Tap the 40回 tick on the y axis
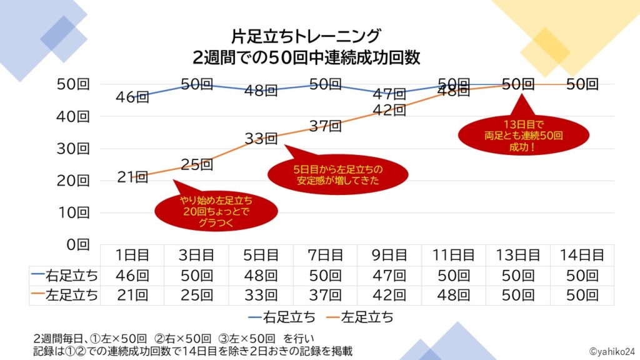pyautogui.click(x=74, y=116)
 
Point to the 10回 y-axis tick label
pyautogui.click(x=74, y=212)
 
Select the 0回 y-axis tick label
pyautogui.click(x=79, y=244)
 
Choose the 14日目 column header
pyautogui.click(x=581, y=255)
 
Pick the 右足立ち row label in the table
pyautogui.click(x=64, y=276)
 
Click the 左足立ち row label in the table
pyautogui.click(x=64, y=296)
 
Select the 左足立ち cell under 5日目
pyautogui.click(x=261, y=296)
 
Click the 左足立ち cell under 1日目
pyautogui.click(x=132, y=296)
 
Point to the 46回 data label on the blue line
pyautogui.click(x=132, y=97)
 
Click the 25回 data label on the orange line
pyautogui.click(x=197, y=165)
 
